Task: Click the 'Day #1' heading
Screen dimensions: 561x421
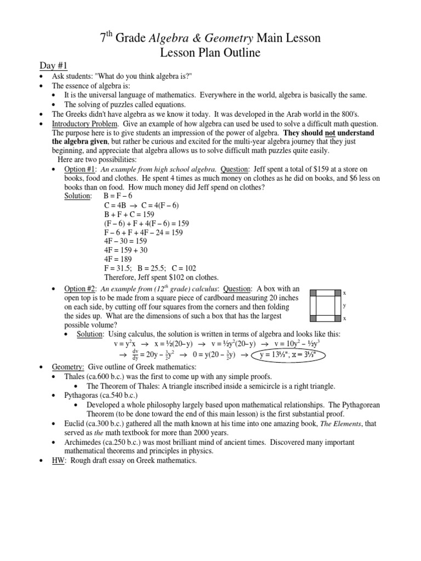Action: (x=53, y=66)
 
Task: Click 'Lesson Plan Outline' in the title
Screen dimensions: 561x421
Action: (x=210, y=53)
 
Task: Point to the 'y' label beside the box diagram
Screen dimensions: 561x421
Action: (x=344, y=306)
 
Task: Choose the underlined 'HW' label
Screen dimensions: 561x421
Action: (x=58, y=461)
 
